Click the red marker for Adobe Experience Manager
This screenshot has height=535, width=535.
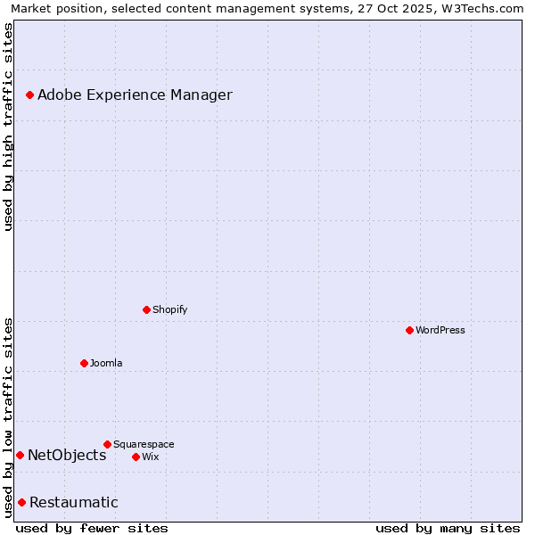(x=29, y=95)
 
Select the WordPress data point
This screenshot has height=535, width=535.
(x=409, y=330)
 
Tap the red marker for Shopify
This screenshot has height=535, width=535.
(x=146, y=309)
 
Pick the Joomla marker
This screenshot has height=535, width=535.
(x=84, y=363)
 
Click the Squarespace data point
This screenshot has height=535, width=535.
(x=107, y=444)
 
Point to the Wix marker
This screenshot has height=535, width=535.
(x=136, y=457)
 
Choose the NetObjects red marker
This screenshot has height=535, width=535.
(x=20, y=455)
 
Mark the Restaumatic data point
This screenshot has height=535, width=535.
(x=21, y=502)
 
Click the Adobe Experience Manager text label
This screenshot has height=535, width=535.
(x=135, y=95)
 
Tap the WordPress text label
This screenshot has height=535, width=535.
(x=440, y=330)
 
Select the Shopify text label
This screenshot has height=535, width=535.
(x=169, y=309)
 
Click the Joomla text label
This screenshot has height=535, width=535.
(x=106, y=363)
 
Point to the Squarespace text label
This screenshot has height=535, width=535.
(x=144, y=444)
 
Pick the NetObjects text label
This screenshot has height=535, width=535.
(x=67, y=455)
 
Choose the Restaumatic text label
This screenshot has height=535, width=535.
(x=73, y=502)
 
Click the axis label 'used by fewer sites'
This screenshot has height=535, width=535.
(x=92, y=528)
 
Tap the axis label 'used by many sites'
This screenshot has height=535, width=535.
(x=448, y=528)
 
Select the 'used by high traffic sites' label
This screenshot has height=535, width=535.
(x=8, y=127)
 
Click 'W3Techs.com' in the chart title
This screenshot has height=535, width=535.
(x=488, y=8)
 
